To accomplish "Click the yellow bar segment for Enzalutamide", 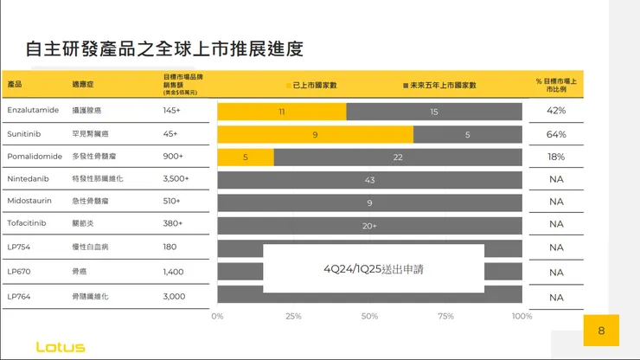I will [x=282, y=112].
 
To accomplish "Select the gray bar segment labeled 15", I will [x=434, y=112].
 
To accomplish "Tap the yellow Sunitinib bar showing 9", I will [x=315, y=134].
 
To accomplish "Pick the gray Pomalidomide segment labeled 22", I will [x=398, y=157].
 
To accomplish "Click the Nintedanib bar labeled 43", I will [x=370, y=179].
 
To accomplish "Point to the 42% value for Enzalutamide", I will [x=556, y=111].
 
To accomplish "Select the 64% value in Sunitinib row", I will [x=556, y=134].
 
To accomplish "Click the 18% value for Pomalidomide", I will [x=556, y=157].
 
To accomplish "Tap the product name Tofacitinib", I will [x=26, y=223].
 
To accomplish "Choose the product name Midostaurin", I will [x=29, y=201].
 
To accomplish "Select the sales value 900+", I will [x=173, y=156].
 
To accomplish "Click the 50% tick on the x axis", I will [x=369, y=316].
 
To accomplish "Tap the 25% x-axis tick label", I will [x=293, y=316].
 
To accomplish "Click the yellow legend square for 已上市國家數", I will [x=289, y=86].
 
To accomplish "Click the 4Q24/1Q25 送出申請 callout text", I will [x=374, y=269].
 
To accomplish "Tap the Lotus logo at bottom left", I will [x=61, y=347].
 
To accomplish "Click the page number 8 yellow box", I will [x=601, y=331].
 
